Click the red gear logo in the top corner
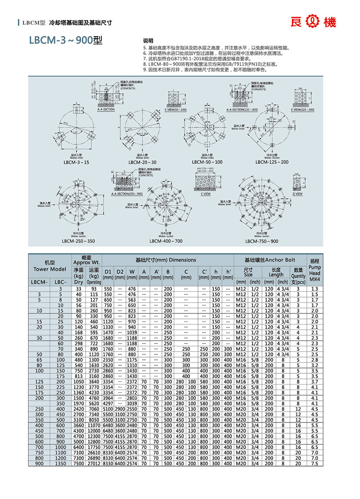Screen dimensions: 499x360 click(x=312, y=22)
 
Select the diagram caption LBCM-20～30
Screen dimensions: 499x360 click(x=140, y=162)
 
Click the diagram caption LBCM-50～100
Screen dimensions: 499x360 click(x=207, y=162)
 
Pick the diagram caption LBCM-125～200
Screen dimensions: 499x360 click(x=271, y=162)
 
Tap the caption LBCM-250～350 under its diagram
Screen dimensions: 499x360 click(x=78, y=241)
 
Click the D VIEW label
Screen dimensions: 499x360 click(x=297, y=193)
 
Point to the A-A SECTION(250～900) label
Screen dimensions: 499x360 click(x=126, y=194)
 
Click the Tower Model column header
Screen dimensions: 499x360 click(x=49, y=266)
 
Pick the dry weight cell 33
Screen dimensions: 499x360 click(x=79, y=288)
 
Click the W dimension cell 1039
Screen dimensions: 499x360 click(x=131, y=333)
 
